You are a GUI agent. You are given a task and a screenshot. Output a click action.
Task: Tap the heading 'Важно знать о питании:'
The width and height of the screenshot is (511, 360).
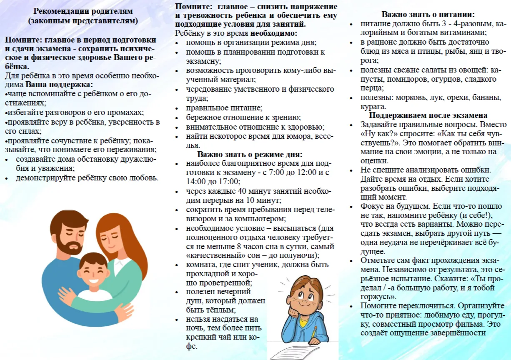(428, 14)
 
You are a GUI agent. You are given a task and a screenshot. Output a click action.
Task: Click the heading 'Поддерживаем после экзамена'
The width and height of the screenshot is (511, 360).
(428, 115)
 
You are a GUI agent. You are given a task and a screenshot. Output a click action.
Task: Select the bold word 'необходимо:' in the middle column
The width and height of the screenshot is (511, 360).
(274, 33)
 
